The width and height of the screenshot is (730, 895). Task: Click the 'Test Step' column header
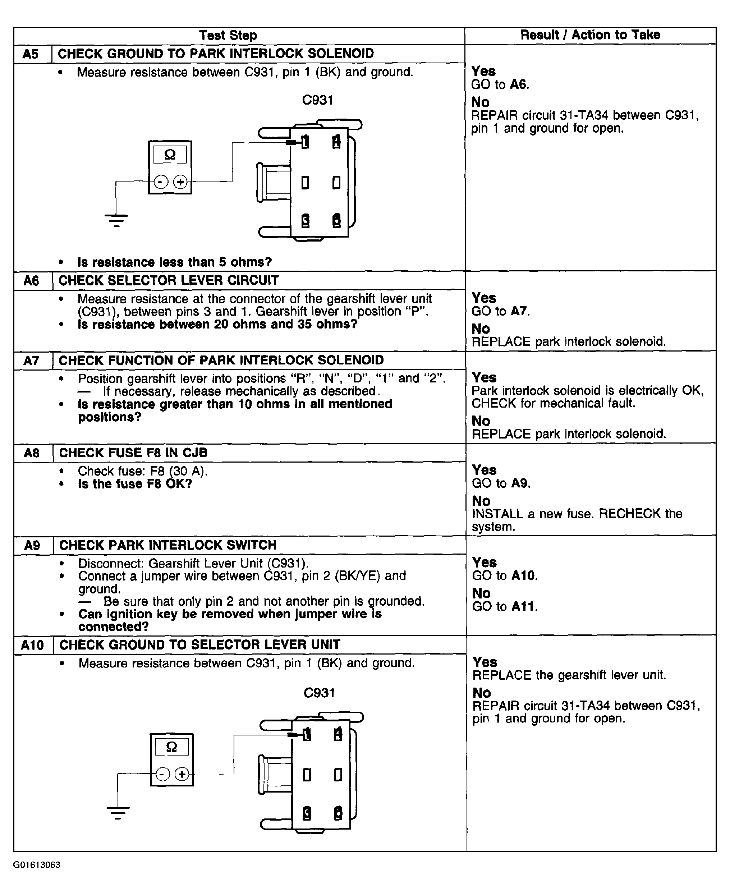(228, 35)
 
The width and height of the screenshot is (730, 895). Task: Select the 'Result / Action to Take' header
(590, 35)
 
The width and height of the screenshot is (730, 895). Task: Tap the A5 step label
(31, 54)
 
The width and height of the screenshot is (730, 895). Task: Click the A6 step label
(31, 280)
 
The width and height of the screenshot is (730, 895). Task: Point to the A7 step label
(32, 361)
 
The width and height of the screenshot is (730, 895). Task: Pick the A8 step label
(32, 453)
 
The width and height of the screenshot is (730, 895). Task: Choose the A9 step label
(32, 546)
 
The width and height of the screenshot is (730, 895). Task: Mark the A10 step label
(32, 645)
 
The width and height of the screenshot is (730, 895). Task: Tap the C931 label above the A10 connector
(319, 693)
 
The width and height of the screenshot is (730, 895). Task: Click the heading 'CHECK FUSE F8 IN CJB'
(133, 453)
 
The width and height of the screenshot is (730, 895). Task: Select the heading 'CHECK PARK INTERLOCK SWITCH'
(168, 546)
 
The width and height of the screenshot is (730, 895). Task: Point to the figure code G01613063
(37, 865)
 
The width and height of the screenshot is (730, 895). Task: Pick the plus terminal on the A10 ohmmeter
(182, 774)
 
